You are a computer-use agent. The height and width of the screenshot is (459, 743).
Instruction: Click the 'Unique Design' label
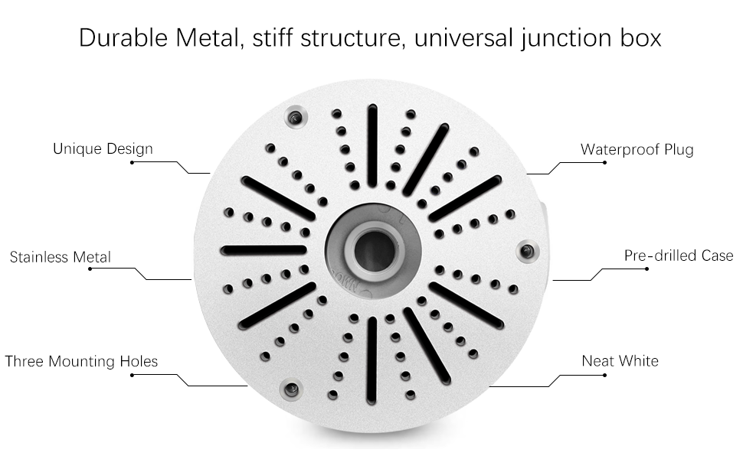[x=103, y=148]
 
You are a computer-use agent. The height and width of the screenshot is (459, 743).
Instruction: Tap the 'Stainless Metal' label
[x=60, y=257]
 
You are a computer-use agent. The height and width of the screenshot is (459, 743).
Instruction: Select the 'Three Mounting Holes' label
[x=81, y=361]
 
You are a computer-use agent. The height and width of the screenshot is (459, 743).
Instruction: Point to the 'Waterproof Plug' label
[x=637, y=149]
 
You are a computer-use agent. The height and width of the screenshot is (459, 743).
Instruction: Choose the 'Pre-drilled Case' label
[x=679, y=256]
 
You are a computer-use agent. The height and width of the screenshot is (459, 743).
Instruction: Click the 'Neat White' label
[x=620, y=360]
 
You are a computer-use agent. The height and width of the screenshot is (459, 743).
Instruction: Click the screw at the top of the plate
[x=295, y=117]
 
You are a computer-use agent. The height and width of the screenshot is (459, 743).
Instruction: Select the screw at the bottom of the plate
[x=290, y=390]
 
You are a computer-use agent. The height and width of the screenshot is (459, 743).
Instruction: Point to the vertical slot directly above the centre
[x=372, y=145]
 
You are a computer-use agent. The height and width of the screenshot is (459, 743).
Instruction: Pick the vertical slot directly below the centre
[x=371, y=360]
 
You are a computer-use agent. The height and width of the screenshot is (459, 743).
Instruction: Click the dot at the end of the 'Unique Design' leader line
[x=132, y=162]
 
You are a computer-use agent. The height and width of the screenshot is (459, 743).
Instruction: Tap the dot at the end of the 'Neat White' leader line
[x=604, y=374]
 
